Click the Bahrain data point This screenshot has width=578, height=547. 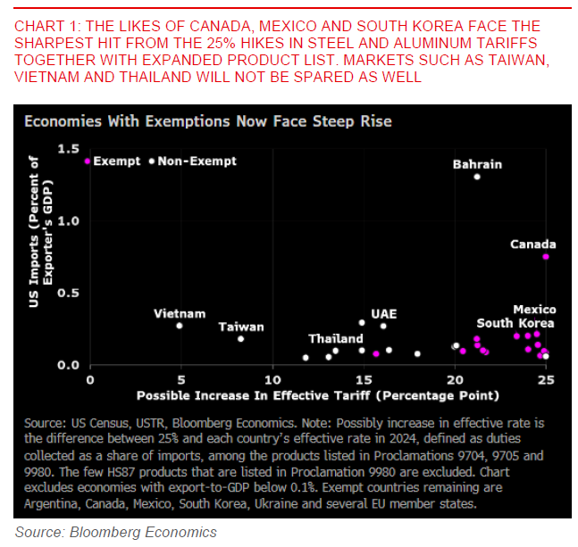477,177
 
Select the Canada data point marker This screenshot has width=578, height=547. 546,256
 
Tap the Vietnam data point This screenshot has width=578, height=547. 180,326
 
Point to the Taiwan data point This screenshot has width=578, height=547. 240,339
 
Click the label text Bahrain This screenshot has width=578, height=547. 477,164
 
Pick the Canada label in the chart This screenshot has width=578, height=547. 533,244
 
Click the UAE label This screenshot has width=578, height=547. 384,314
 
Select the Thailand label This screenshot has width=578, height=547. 336,339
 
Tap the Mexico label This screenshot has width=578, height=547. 534,310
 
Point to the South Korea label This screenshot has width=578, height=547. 515,323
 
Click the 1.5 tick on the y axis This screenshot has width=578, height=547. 68,148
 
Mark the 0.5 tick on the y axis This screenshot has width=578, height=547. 68,294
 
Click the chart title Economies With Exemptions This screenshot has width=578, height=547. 208,120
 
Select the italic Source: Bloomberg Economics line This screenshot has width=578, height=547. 116,532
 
